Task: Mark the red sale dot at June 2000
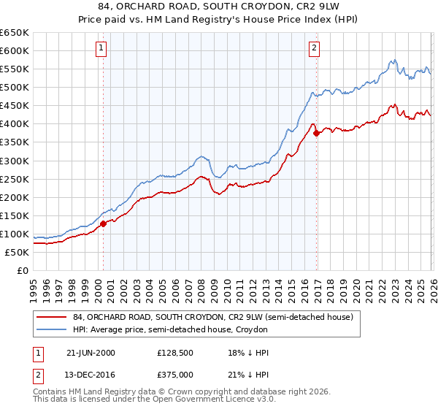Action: pyautogui.click(x=103, y=223)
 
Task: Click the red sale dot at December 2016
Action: pyautogui.click(x=316, y=133)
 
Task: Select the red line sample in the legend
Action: pyautogui.click(x=53, y=318)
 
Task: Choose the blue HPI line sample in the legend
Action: pyautogui.click(x=53, y=330)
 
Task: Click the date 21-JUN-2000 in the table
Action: pyautogui.click(x=89, y=353)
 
